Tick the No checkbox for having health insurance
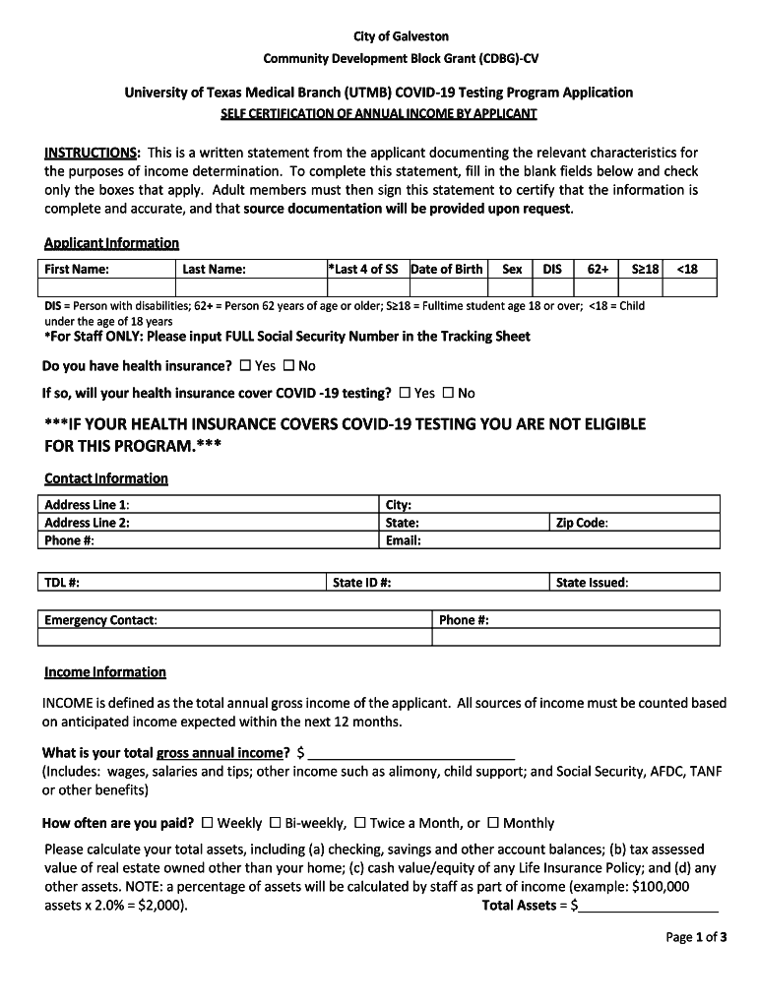(x=288, y=366)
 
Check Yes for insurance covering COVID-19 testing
(x=406, y=393)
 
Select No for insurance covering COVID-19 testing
(x=448, y=393)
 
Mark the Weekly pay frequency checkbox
(x=207, y=823)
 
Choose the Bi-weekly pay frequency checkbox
(x=276, y=823)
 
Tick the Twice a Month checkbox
(x=360, y=823)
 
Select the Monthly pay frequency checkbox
(x=493, y=823)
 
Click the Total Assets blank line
(x=649, y=906)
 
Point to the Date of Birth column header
(x=447, y=269)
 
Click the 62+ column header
(x=598, y=269)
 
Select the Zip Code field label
(x=582, y=523)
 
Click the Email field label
(x=404, y=540)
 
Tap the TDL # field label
(x=62, y=583)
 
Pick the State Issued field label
(x=592, y=583)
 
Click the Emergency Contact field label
(x=99, y=620)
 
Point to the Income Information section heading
(x=105, y=672)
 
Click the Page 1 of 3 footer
(x=696, y=937)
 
